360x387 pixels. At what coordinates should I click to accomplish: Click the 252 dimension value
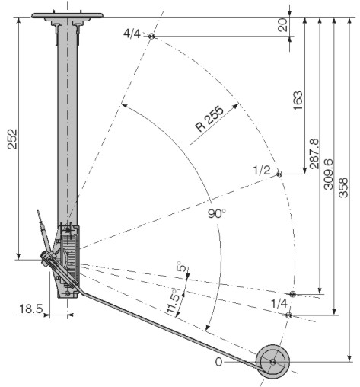tap(12, 139)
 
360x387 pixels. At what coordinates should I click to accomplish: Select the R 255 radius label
tap(210, 118)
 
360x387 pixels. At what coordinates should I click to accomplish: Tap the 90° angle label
tap(216, 213)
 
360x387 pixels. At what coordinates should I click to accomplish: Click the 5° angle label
tap(181, 267)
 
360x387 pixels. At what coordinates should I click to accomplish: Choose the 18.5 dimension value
tap(31, 309)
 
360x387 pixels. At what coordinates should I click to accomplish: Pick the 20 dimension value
tap(283, 25)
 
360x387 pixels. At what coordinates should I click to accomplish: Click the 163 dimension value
tap(298, 101)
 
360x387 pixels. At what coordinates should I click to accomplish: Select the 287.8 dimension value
tap(314, 154)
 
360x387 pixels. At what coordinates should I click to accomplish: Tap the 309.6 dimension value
tap(329, 174)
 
